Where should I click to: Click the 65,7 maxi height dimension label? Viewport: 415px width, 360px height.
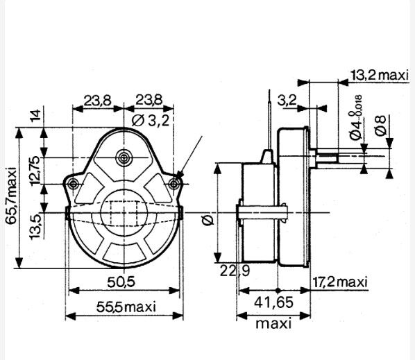coord(12,196)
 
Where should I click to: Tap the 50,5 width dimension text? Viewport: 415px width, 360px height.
coord(121,282)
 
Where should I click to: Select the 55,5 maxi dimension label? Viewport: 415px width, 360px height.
coord(126,307)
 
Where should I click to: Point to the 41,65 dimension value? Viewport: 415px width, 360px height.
coord(273,302)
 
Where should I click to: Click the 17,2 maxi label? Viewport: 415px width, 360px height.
coord(340,282)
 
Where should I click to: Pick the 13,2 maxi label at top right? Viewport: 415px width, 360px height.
coord(380,76)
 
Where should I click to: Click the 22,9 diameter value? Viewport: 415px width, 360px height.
coord(235,271)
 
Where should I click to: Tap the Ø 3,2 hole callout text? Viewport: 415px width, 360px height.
coord(151,121)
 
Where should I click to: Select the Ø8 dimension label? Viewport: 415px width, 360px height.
coord(382,126)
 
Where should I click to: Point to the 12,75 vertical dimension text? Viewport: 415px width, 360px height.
coord(35,171)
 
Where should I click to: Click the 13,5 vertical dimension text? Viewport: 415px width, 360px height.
coord(35,227)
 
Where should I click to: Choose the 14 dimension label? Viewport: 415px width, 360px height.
coord(35,115)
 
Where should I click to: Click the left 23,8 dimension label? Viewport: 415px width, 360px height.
coord(98,101)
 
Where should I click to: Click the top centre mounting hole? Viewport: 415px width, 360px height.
coord(123,158)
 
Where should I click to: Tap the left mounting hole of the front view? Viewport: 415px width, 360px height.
coord(73,184)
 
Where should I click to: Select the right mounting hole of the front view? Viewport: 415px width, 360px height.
coord(174,184)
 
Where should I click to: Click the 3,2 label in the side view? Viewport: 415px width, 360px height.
coord(287,101)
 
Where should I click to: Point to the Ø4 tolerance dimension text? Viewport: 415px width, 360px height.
coord(355,117)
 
